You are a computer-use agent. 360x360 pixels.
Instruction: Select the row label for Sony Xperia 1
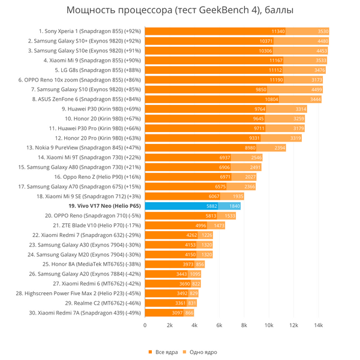pyautogui.click(x=89, y=31)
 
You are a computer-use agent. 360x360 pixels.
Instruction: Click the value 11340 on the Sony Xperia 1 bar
pyautogui.click(x=278, y=31)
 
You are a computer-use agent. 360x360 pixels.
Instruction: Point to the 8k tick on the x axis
pyautogui.click(x=244, y=326)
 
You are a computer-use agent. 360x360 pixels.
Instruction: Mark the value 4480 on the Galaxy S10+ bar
pyautogui.click(x=316, y=41)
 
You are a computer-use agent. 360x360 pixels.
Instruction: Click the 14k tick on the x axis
pyautogui.click(x=319, y=326)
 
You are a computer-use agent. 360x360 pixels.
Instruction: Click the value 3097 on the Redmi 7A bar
pyautogui.click(x=176, y=313)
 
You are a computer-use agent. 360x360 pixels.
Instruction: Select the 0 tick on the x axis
pyautogui.click(x=145, y=326)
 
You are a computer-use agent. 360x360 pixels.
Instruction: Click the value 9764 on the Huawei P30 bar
pyautogui.click(x=260, y=109)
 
